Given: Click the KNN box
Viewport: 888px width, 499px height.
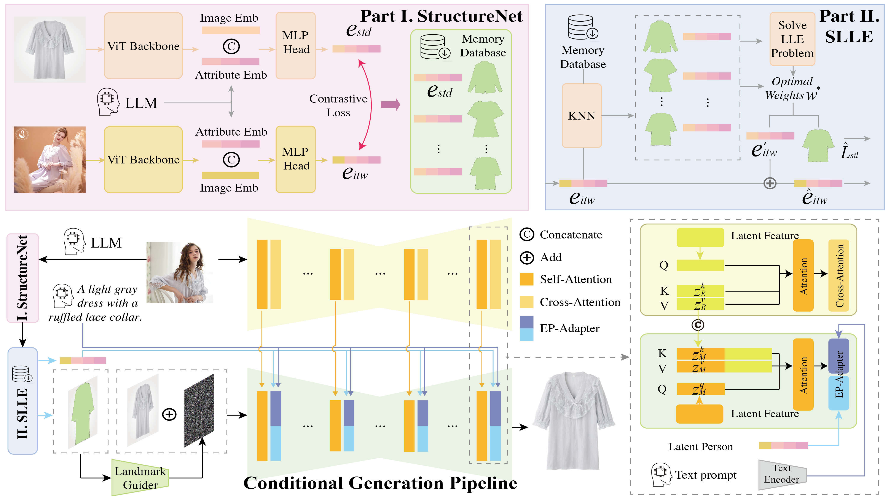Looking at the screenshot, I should coord(582,115).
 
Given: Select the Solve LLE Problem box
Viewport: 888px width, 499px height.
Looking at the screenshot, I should coord(792,39).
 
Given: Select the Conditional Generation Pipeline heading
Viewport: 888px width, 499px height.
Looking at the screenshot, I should coord(380,483).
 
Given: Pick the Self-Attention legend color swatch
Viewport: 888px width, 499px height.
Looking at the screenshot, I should coord(526,279).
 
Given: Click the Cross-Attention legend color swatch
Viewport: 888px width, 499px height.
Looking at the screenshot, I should coord(526,302).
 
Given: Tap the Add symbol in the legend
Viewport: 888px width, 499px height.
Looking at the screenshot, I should coord(527,257).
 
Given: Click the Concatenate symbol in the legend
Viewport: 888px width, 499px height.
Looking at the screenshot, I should coord(527,235).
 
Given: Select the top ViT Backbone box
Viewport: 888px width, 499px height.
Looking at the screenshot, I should coord(143,46).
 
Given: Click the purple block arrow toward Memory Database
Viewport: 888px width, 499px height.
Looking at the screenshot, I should coord(391,104).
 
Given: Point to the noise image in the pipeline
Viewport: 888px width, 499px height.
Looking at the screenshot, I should coord(199,410).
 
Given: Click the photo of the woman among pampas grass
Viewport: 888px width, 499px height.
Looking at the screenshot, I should coord(50,159).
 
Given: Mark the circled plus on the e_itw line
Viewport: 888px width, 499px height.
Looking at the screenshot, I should coord(770,183).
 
